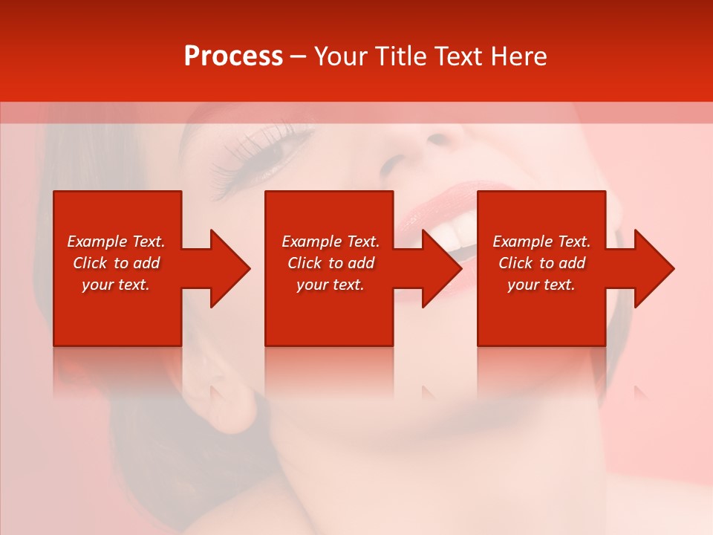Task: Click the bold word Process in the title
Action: (233, 56)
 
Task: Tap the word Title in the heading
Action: (401, 56)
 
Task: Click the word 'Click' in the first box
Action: (90, 263)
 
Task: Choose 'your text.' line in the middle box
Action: (330, 285)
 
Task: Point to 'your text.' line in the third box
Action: (541, 285)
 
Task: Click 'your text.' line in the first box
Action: (115, 285)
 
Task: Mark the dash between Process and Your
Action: (299, 57)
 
